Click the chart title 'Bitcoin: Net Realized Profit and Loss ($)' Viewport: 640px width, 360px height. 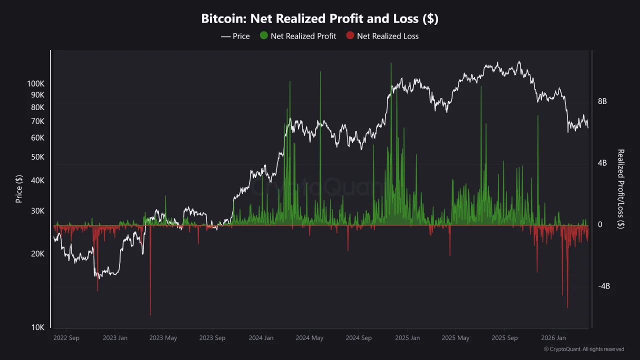[319, 19]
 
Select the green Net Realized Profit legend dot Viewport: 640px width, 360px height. [264, 36]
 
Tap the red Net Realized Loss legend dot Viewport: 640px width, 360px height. [350, 36]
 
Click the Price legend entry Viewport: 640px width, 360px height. [235, 36]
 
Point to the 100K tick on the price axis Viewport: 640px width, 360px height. [35, 84]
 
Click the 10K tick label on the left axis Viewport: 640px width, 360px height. [38, 327]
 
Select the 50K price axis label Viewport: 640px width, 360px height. [38, 157]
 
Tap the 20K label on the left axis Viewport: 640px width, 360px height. [38, 254]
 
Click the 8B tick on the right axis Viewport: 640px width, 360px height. [602, 101]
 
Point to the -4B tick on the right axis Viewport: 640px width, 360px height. [604, 286]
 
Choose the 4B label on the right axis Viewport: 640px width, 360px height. [602, 163]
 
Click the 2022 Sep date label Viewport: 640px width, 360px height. [66, 338]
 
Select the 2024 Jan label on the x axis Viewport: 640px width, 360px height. [261, 338]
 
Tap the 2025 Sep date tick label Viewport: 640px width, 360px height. [504, 338]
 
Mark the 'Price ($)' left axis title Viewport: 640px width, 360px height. [19, 188]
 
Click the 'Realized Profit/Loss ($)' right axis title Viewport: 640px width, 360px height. [621, 189]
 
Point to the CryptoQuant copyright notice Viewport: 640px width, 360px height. [583, 349]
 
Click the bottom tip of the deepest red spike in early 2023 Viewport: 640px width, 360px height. [150, 315]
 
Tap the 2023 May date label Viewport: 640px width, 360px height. [163, 338]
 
